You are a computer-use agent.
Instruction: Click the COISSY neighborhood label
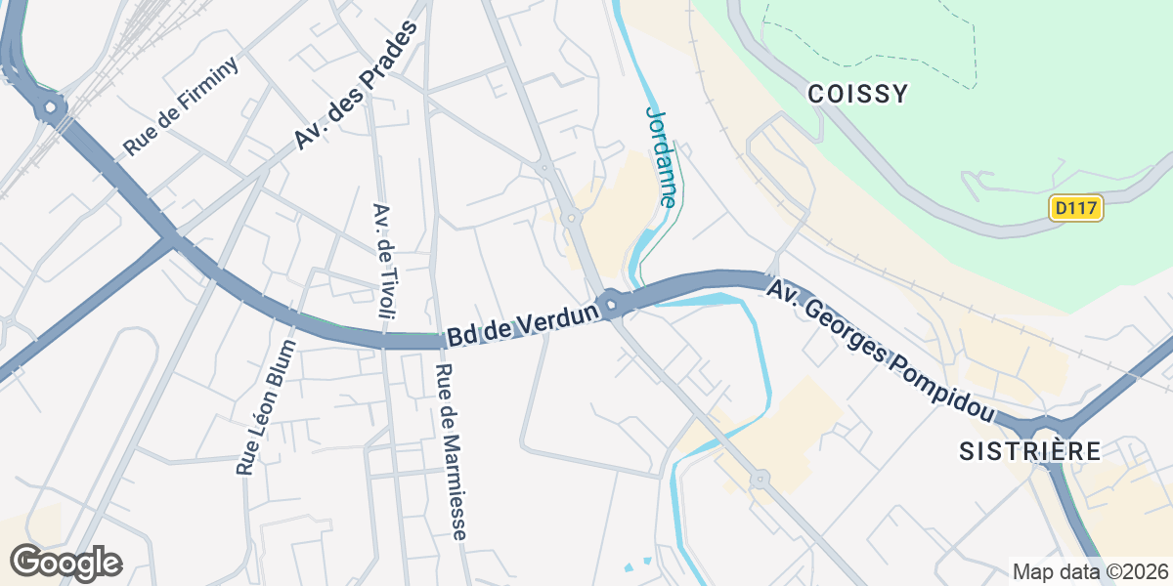858,94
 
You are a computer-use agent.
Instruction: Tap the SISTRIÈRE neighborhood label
1029,451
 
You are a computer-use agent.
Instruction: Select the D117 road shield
1076,208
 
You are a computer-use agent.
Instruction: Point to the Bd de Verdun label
522,324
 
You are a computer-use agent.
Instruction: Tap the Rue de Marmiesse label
452,452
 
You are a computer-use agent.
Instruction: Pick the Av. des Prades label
356,86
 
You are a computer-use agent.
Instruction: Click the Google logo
65,563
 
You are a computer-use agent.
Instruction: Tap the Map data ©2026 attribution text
1089,571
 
